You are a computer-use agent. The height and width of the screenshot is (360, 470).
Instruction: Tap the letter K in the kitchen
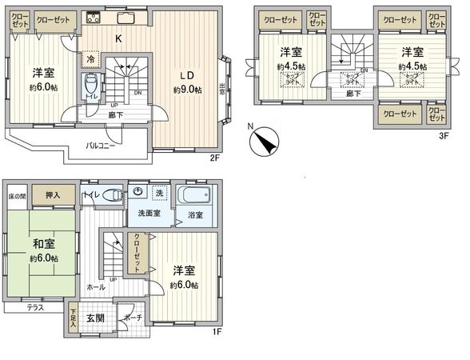tap(118, 38)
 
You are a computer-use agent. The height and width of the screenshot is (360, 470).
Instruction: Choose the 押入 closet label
tap(50, 194)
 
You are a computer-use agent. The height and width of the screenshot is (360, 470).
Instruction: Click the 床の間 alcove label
tap(18, 195)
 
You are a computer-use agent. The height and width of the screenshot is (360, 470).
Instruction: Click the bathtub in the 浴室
tap(194, 195)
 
